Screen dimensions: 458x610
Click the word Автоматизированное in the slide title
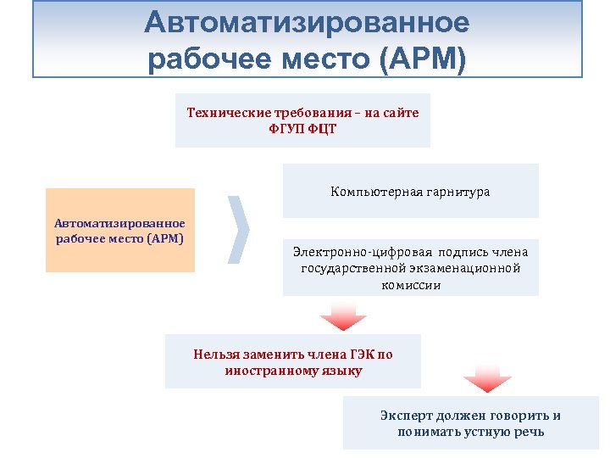pyautogui.click(x=306, y=22)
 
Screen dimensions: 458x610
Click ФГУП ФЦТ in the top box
pyautogui.click(x=302, y=128)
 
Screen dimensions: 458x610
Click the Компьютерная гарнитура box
pyautogui.click(x=410, y=192)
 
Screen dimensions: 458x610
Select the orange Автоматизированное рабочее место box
pyautogui.click(x=119, y=230)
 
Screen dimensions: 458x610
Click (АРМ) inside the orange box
pyautogui.click(x=164, y=238)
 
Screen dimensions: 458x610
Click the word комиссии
pyautogui.click(x=410, y=285)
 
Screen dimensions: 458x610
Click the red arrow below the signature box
pyautogui.click(x=342, y=318)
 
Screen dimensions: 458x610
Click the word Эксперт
pyautogui.click(x=405, y=416)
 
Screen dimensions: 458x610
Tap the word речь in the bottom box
pyautogui.click(x=529, y=432)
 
